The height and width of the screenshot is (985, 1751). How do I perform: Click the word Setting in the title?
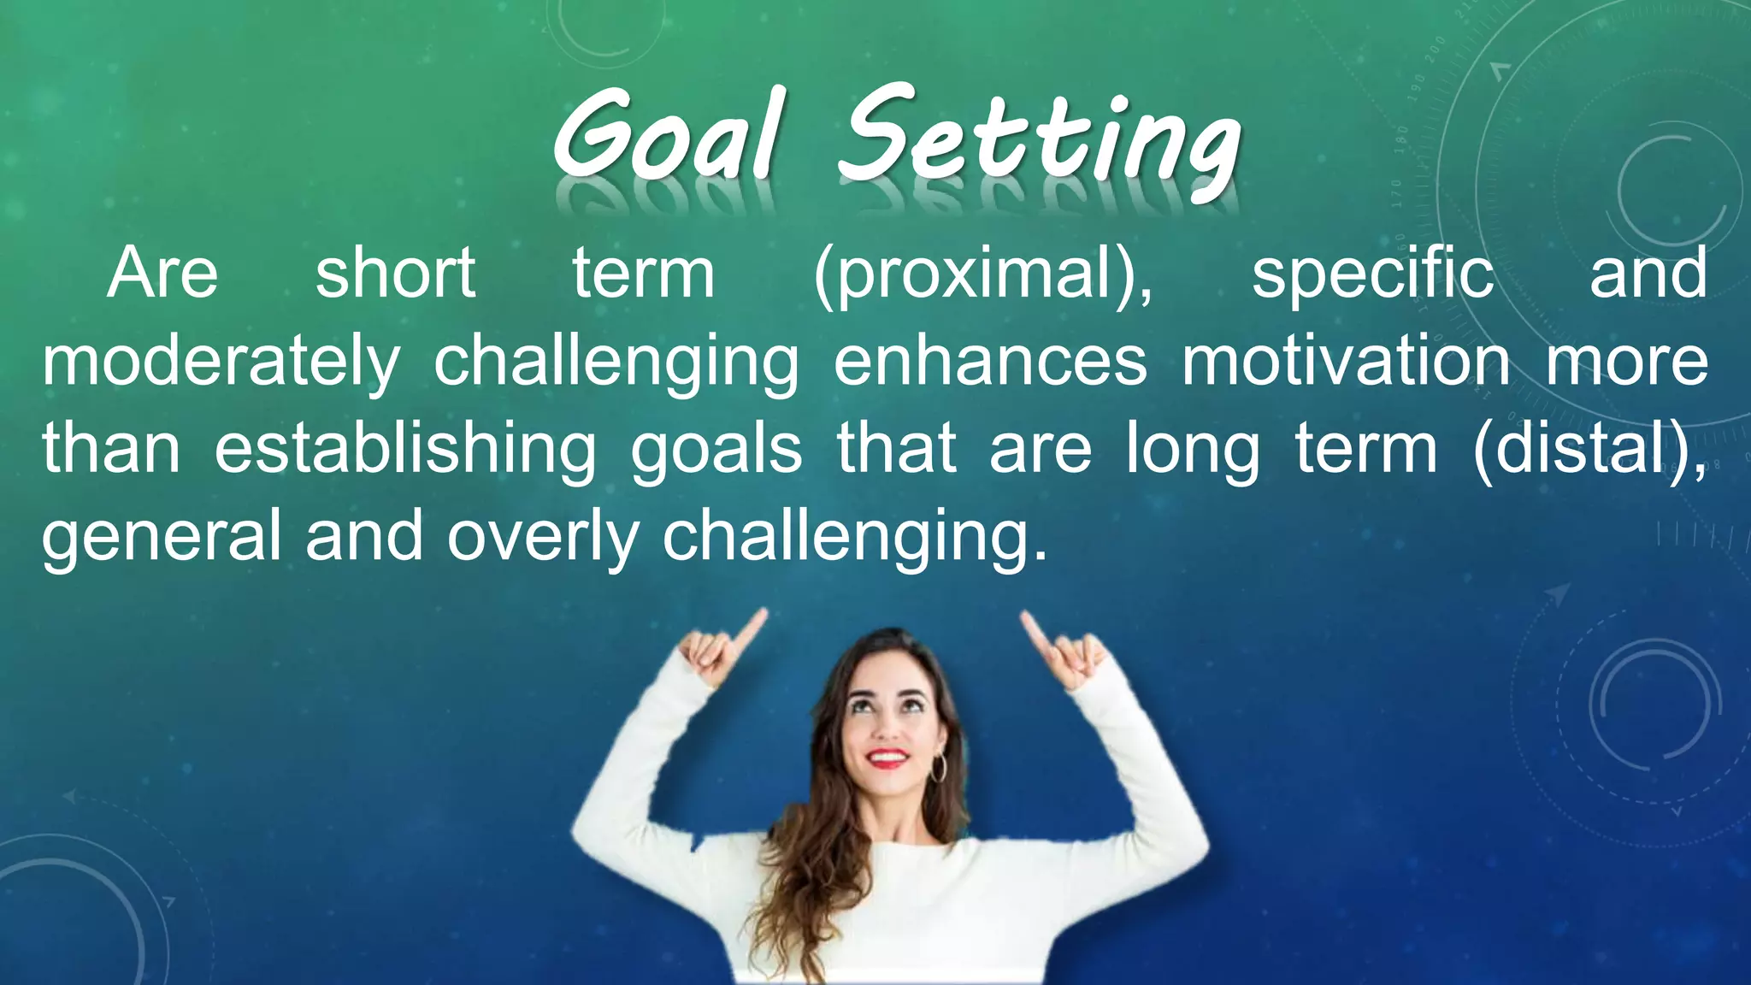(x=1039, y=141)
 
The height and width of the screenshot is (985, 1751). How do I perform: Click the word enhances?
(x=990, y=361)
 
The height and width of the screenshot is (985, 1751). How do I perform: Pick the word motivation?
(x=1346, y=361)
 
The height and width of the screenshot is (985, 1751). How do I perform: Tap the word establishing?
(x=405, y=450)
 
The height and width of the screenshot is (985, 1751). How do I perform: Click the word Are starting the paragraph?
(x=162, y=274)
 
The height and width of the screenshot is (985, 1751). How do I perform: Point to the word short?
(x=395, y=274)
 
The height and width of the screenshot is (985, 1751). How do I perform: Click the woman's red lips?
(x=887, y=758)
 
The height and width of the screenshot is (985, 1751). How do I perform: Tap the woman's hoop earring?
(x=938, y=767)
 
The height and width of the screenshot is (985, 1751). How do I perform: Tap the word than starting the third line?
(x=111, y=450)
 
